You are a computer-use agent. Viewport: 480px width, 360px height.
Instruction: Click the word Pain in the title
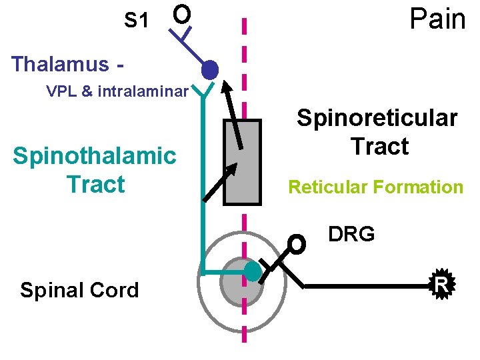(437, 19)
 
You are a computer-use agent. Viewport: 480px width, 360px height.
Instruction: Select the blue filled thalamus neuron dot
(210, 69)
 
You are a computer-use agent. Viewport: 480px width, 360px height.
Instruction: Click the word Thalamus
(60, 64)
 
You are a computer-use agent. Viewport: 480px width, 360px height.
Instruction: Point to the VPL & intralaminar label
(117, 91)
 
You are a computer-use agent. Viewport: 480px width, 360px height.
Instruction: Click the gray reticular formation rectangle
(242, 161)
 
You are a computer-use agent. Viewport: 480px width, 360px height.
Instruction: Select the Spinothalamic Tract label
(95, 169)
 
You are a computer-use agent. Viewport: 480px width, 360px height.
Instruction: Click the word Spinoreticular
(377, 118)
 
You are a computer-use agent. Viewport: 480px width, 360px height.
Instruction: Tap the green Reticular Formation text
(375, 187)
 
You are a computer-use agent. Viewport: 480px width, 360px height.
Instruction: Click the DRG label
(351, 234)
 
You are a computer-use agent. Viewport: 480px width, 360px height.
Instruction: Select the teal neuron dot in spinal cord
(253, 271)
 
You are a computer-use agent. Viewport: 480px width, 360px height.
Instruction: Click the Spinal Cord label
(79, 290)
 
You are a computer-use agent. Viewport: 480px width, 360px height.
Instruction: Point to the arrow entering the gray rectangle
(220, 180)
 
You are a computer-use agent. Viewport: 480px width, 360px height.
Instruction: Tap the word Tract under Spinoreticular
(379, 146)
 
